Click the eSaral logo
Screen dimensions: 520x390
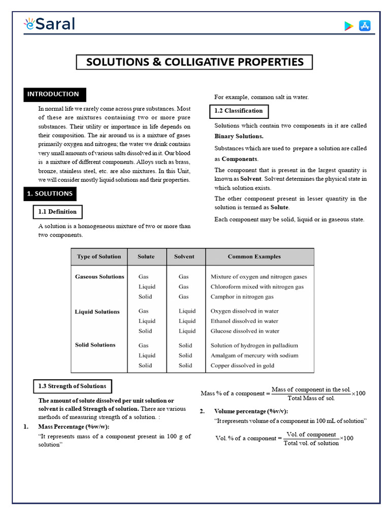(x=49, y=24)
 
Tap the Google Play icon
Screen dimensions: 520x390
(x=348, y=26)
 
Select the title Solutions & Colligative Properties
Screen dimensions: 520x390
(x=194, y=62)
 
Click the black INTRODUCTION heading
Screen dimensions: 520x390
(x=53, y=94)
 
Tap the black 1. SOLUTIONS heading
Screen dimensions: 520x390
(x=50, y=193)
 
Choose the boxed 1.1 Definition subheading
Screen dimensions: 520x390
(x=57, y=212)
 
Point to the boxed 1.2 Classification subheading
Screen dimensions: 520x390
(x=239, y=111)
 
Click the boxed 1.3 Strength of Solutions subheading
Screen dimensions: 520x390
(x=72, y=386)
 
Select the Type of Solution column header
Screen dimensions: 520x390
(x=99, y=256)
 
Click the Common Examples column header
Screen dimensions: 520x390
(x=254, y=256)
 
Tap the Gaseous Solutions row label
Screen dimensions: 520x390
(x=100, y=277)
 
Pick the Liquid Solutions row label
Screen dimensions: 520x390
(x=97, y=311)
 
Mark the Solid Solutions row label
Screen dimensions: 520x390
(x=95, y=345)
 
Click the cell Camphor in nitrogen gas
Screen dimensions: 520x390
(x=242, y=297)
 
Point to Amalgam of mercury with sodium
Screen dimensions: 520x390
(x=254, y=355)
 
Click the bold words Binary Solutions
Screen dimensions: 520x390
(x=239, y=136)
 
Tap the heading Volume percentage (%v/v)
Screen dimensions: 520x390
(x=254, y=411)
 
